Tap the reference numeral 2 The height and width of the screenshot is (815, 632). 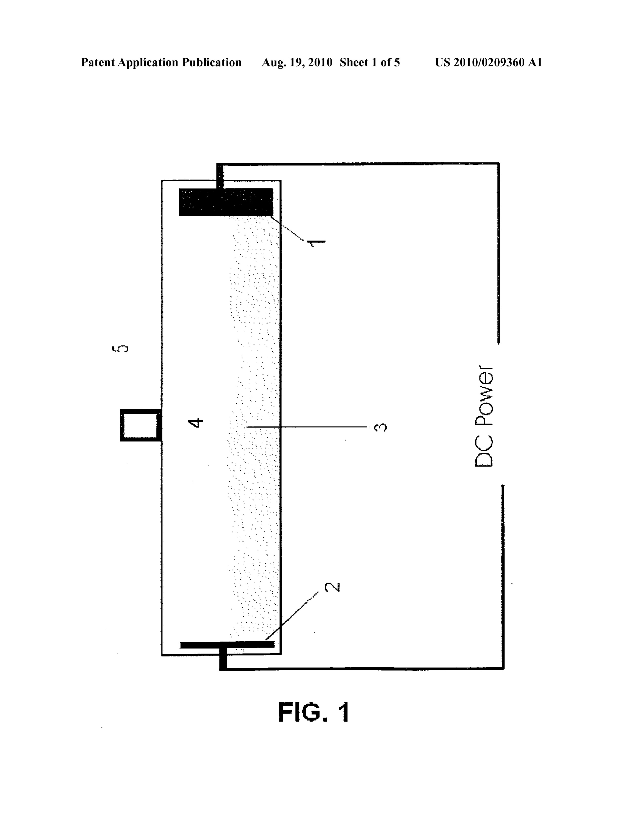(x=332, y=587)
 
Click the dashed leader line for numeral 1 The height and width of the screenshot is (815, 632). (x=290, y=228)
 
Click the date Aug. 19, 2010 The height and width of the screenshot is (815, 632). (x=297, y=62)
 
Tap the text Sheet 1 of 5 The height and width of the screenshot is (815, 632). (x=370, y=62)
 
